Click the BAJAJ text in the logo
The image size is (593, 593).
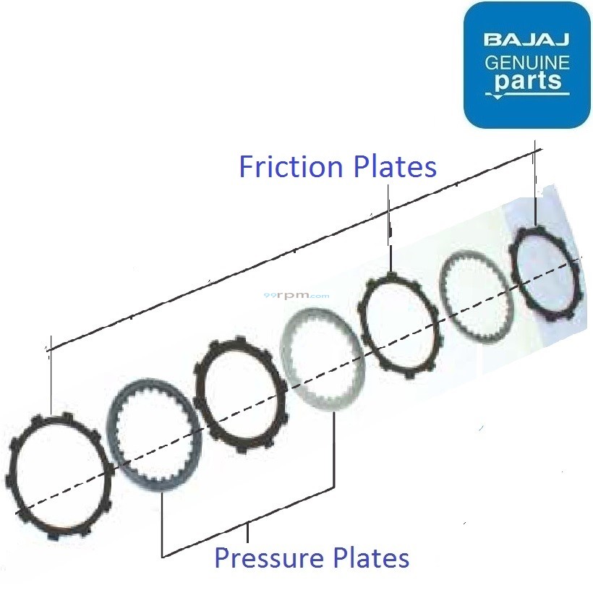click(526, 39)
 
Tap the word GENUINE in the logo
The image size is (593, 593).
click(526, 62)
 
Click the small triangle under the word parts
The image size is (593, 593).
click(497, 95)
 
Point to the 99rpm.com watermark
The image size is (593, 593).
click(307, 295)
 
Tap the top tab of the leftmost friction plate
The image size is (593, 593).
click(67, 417)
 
